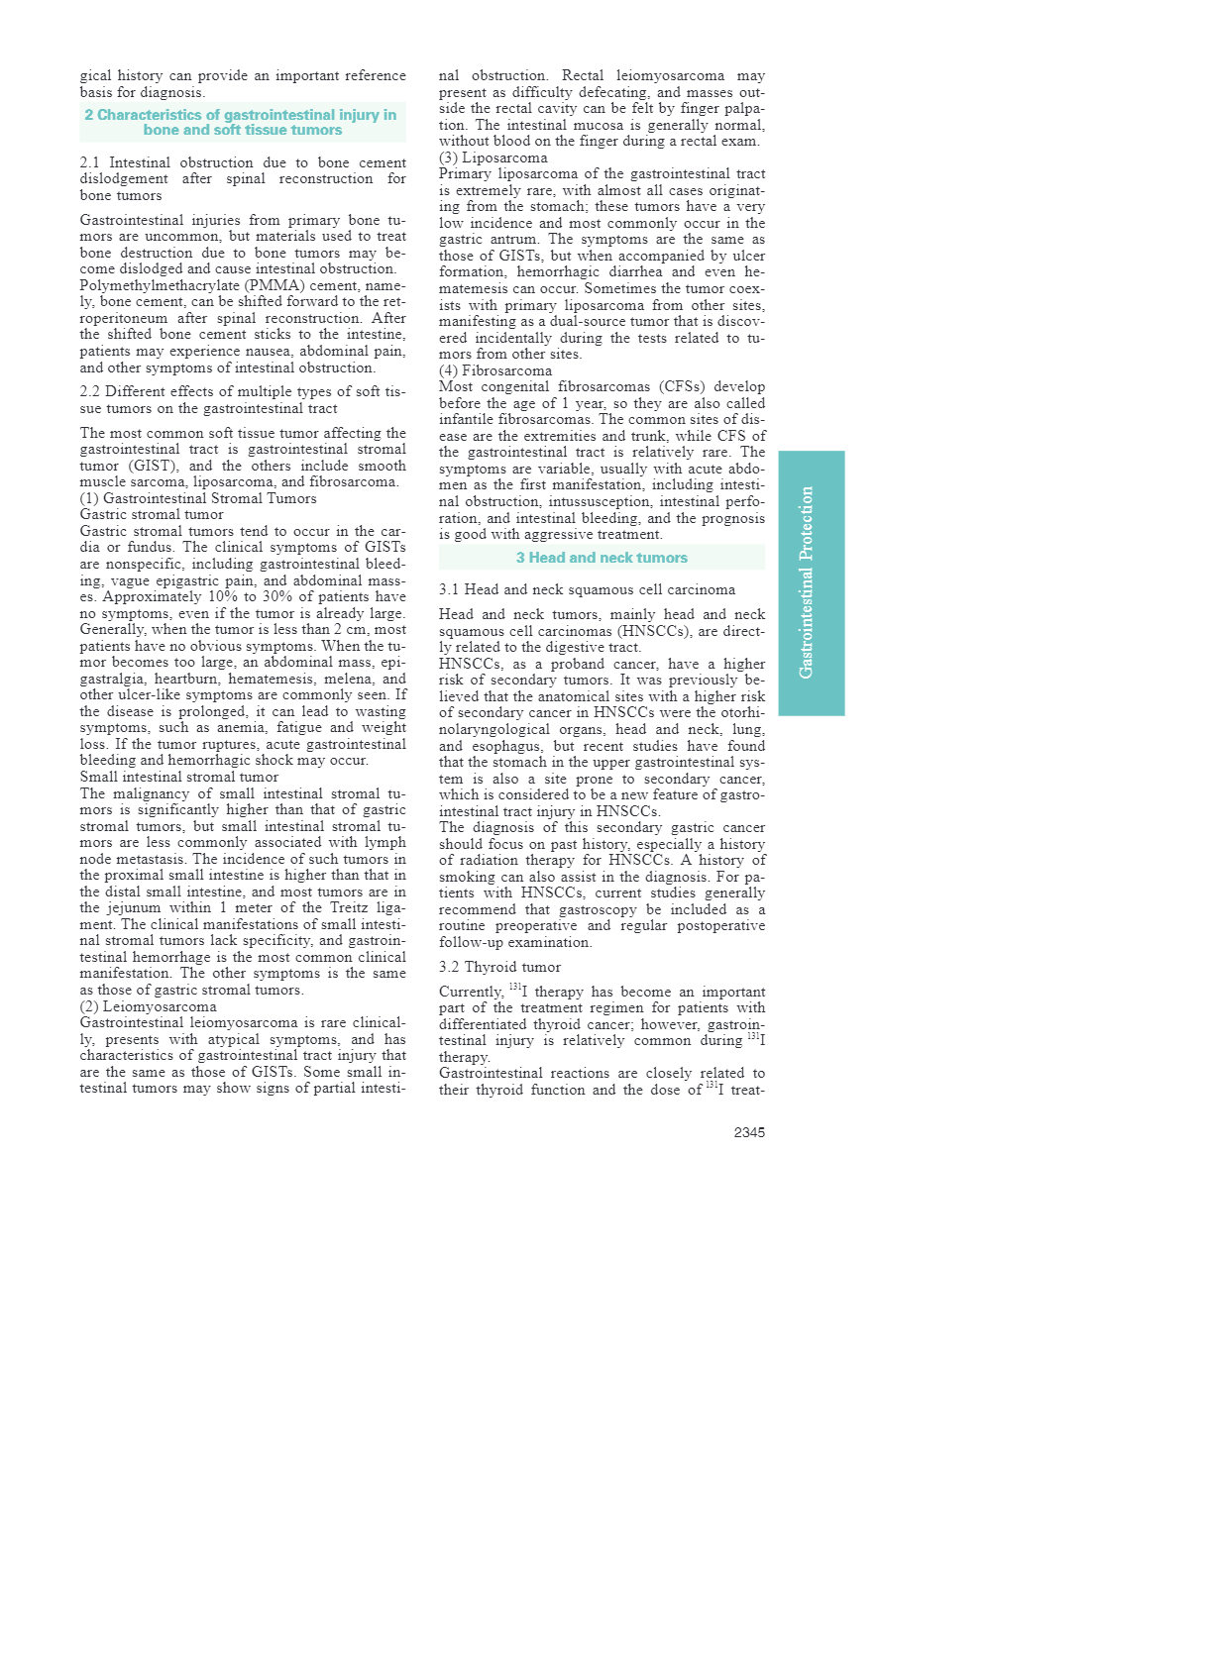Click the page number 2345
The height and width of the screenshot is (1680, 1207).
click(x=749, y=1132)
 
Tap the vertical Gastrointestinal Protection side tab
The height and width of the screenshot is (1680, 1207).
click(x=811, y=582)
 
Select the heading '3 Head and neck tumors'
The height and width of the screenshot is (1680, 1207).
click(x=602, y=558)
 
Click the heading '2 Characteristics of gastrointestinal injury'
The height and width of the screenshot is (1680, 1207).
click(x=242, y=122)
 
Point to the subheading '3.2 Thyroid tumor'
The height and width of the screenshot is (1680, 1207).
click(x=499, y=967)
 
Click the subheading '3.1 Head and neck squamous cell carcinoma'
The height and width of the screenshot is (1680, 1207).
click(x=587, y=589)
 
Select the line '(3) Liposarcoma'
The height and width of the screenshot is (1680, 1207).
click(x=493, y=157)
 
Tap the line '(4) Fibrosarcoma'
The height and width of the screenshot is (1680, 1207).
click(x=495, y=370)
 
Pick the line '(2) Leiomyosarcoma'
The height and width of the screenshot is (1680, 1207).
click(x=148, y=1006)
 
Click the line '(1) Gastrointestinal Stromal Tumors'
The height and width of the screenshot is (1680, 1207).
click(x=198, y=498)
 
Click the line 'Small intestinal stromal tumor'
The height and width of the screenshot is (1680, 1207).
click(x=179, y=777)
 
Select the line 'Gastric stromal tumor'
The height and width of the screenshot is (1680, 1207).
click(x=152, y=514)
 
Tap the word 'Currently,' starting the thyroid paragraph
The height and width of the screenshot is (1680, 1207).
click(x=471, y=992)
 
